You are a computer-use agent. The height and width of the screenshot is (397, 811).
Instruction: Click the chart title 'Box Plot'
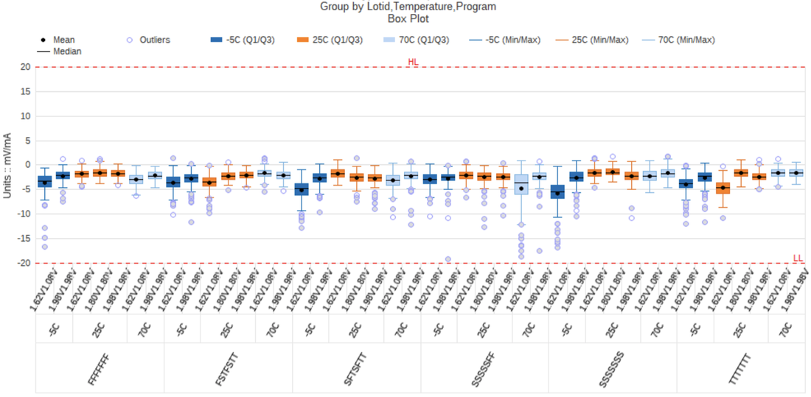click(408, 18)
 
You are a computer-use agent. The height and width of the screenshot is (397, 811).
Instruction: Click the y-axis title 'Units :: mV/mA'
click(7, 164)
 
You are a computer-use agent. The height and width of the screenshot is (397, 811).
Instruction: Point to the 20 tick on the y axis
click(24, 67)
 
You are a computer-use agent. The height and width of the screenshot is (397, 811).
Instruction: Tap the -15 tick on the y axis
click(23, 239)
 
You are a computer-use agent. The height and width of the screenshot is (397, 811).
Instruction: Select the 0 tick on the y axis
click(27, 165)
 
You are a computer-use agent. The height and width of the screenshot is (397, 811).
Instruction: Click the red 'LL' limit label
click(798, 258)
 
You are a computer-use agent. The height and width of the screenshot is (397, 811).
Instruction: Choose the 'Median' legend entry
click(67, 52)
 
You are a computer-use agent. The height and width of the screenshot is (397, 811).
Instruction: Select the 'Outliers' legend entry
click(155, 40)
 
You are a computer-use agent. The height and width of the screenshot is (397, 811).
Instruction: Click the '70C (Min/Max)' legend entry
click(686, 40)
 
